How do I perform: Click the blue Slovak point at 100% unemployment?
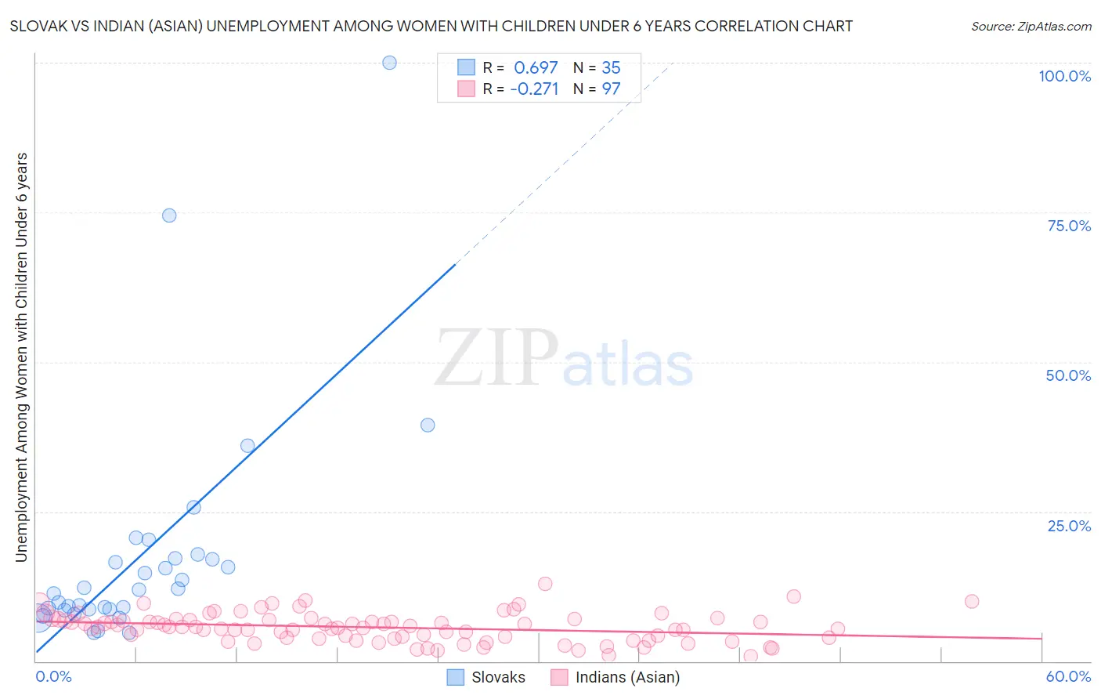tap(389, 63)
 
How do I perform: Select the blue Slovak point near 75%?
tap(169, 215)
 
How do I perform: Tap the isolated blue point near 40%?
tap(428, 425)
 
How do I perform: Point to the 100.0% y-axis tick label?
tap(1064, 76)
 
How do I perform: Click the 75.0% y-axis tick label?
tap(1069, 226)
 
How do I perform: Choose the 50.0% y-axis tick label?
tap(1068, 375)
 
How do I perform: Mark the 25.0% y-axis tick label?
tap(1069, 526)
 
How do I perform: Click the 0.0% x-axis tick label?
tap(53, 676)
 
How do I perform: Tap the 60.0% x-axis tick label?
tap(1068, 676)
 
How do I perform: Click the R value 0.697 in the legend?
tap(536, 68)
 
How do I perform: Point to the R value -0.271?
tap(534, 89)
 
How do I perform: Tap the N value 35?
tap(611, 68)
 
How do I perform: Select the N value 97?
tap(611, 89)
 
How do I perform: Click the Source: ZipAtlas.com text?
tap(1031, 27)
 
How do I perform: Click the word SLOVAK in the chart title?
tap(38, 26)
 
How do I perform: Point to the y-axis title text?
tap(21, 357)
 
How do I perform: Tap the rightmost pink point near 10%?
tap(972, 601)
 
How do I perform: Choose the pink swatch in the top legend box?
tap(466, 89)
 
